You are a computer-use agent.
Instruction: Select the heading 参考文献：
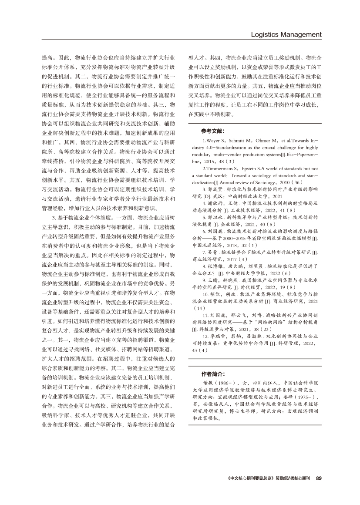click(x=213, y=130)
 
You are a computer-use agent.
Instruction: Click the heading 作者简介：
click(x=213, y=374)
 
